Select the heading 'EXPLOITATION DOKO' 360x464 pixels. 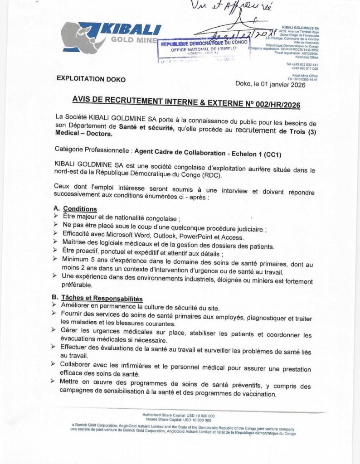(91, 79)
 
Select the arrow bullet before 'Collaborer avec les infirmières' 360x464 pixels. (56, 364)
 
